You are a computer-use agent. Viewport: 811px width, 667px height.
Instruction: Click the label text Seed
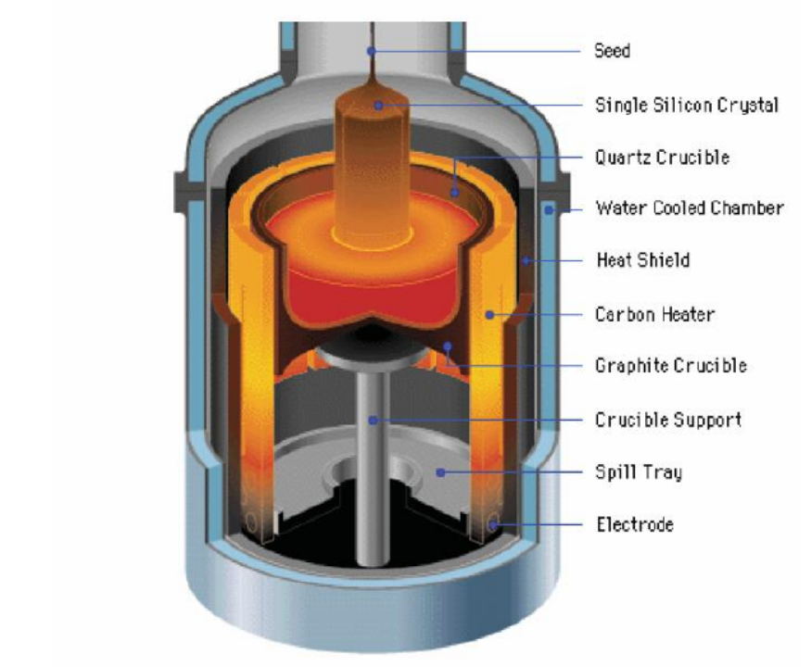[612, 51]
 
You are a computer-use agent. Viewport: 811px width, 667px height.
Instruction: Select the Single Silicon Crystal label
[687, 105]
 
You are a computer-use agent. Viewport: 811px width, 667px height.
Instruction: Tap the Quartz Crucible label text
[662, 157]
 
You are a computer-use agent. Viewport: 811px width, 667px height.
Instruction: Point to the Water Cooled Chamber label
[690, 208]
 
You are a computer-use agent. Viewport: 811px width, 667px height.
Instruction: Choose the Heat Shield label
[643, 259]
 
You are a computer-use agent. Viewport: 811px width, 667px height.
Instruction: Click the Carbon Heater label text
[654, 314]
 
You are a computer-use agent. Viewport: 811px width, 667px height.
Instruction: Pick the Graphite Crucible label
[671, 366]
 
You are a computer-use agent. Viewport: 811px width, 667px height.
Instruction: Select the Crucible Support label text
[668, 420]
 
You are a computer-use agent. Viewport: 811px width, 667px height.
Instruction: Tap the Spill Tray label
[639, 472]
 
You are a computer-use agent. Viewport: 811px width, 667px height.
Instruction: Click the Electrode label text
[635, 524]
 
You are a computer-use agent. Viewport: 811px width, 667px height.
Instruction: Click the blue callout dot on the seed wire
[372, 51]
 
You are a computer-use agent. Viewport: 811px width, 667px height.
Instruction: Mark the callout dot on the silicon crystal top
[379, 106]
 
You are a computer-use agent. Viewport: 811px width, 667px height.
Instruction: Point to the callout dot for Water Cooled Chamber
[550, 210]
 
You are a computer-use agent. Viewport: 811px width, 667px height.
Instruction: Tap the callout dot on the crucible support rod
[373, 420]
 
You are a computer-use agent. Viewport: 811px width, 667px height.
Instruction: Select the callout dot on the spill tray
[440, 472]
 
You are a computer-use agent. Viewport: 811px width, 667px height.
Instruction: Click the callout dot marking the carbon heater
[489, 314]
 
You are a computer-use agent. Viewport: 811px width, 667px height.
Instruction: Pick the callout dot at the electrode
[493, 525]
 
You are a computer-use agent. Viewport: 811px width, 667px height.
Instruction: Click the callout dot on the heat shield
[526, 260]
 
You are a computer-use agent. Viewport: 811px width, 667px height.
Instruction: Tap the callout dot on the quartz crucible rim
[455, 193]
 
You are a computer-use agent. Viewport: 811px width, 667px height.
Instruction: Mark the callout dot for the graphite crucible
[448, 346]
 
